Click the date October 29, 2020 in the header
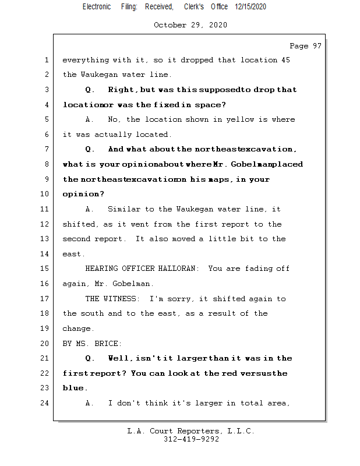click(190, 25)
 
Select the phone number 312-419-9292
click(190, 439)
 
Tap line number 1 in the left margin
click(47, 60)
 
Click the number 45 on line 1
click(285, 60)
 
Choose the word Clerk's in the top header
click(193, 6)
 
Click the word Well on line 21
click(118, 358)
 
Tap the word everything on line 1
click(85, 60)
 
